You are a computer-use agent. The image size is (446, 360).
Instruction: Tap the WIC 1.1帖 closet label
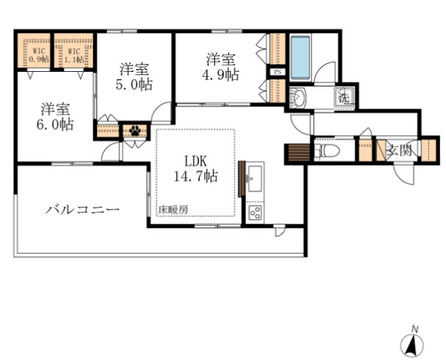tap(74, 54)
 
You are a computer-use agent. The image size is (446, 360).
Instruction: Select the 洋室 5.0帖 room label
tap(135, 76)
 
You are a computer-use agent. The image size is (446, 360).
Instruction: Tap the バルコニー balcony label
tap(82, 210)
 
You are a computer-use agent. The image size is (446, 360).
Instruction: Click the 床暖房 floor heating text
tap(174, 210)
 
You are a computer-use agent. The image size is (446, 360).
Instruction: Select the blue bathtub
tap(301, 57)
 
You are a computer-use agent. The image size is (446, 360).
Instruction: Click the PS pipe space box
tap(277, 72)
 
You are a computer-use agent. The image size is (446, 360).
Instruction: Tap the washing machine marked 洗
tap(343, 96)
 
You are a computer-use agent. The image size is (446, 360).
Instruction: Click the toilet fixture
tap(326, 152)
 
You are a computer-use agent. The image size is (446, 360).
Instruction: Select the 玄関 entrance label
tap(399, 151)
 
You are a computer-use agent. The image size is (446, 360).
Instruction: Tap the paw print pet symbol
tap(135, 131)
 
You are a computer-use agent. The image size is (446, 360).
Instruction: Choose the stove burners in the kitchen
tap(256, 213)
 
